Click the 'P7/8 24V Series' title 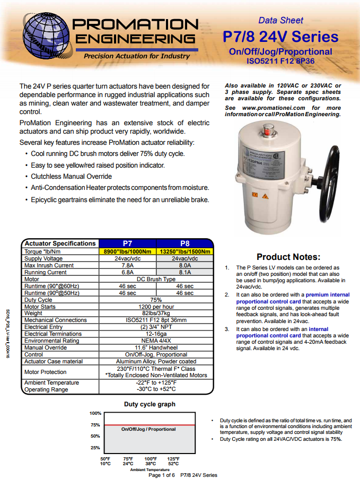pyautogui.click(x=280, y=37)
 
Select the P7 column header pyautogui.click(x=128, y=243)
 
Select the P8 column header pyautogui.click(x=185, y=243)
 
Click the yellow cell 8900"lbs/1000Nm pyautogui.click(x=128, y=251)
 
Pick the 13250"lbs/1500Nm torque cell pyautogui.click(x=185, y=251)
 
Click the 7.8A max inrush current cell pyautogui.click(x=128, y=265)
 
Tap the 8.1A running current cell pyautogui.click(x=185, y=272)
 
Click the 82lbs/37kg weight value pyautogui.click(x=156, y=313)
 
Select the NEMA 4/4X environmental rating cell pyautogui.click(x=156, y=341)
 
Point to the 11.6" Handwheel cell pyautogui.click(x=156, y=347)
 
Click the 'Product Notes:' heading pyautogui.click(x=288, y=257)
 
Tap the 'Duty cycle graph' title pyautogui.click(x=150, y=404)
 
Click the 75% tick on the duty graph pyautogui.click(x=95, y=424)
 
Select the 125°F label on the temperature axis pyautogui.click(x=173, y=458)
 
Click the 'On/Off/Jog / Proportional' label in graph pyautogui.click(x=148, y=429)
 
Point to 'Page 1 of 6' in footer pyautogui.click(x=161, y=475)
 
